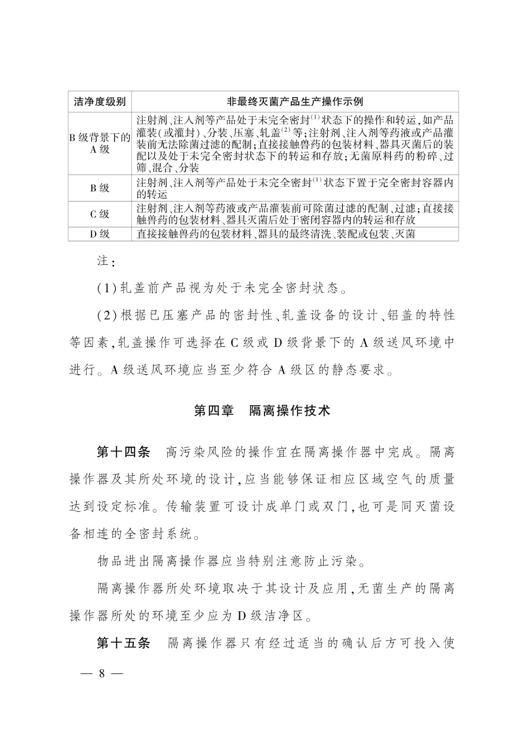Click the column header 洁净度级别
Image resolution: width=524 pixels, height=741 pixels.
[x=100, y=101]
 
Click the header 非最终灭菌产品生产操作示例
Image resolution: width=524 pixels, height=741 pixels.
[x=295, y=101]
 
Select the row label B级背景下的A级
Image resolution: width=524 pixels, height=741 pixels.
[x=100, y=143]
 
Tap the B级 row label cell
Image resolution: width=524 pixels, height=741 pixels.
[x=100, y=188]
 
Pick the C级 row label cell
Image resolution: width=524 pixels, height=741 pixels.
[x=100, y=214]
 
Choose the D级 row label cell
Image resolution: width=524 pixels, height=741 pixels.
[x=100, y=234]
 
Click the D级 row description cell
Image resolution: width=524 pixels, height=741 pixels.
[x=276, y=234]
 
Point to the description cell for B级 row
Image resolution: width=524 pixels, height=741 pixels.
[x=295, y=188]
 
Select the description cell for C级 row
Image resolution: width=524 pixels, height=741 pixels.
[x=295, y=214]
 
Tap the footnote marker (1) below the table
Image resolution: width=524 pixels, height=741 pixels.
[x=107, y=289]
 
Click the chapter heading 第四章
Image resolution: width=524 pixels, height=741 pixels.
[x=214, y=411]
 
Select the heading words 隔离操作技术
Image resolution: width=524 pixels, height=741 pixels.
[x=290, y=411]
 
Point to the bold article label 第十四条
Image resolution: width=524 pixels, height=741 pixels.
[x=123, y=452]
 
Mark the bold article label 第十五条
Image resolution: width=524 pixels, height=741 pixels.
[x=123, y=643]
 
